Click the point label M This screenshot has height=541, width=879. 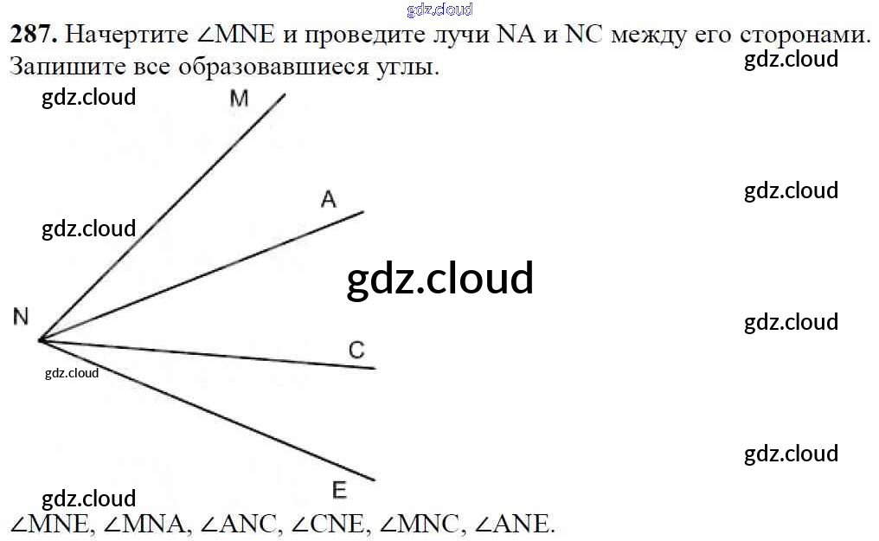(x=239, y=99)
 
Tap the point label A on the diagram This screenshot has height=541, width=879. (x=328, y=200)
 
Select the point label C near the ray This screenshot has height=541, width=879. (x=356, y=350)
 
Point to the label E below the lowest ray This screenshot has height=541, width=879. (x=339, y=491)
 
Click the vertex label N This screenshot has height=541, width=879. (x=21, y=317)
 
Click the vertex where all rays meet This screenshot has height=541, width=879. (x=40, y=340)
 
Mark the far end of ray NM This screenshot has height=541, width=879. (x=285, y=93)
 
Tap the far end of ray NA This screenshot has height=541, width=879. (x=363, y=211)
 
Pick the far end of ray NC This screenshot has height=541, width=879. (x=375, y=369)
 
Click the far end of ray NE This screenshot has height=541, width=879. (x=375, y=480)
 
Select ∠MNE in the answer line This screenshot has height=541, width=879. (x=49, y=523)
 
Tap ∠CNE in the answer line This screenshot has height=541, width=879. (x=330, y=523)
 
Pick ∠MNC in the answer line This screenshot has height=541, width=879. (x=422, y=523)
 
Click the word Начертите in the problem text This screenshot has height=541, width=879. (x=126, y=35)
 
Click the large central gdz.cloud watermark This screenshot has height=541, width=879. (x=439, y=279)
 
